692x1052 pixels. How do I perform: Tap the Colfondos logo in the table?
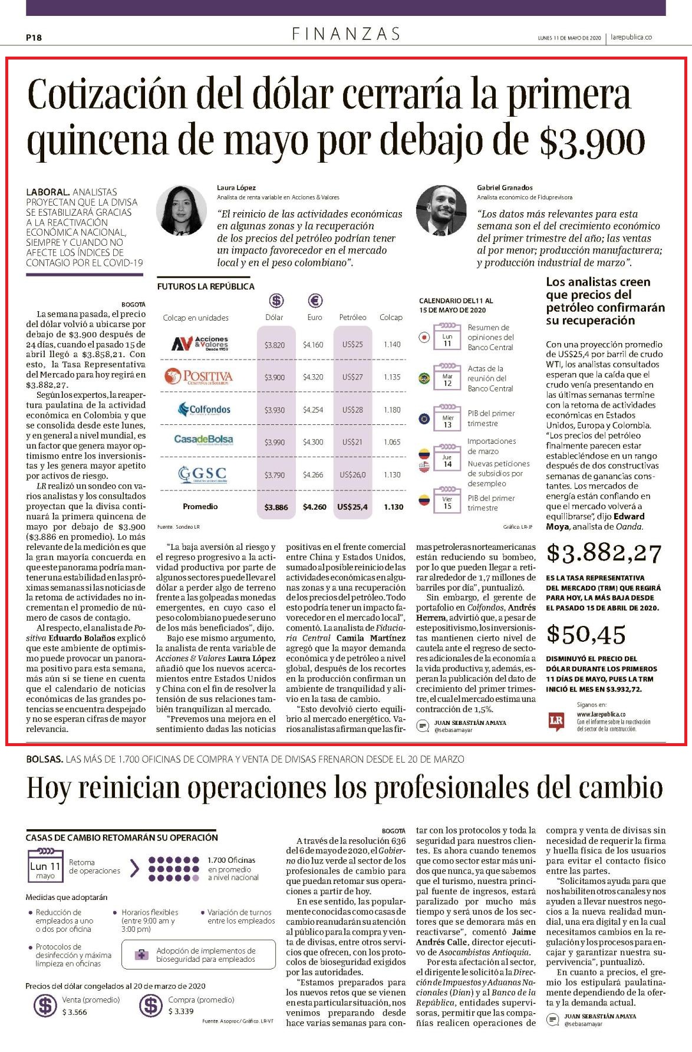202,409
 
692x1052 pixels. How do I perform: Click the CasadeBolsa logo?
203,440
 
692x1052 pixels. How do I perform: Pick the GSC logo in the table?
202,474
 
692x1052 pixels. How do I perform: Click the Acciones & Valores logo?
200,344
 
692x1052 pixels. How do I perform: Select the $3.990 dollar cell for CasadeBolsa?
275,442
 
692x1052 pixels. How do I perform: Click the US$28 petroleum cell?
352,410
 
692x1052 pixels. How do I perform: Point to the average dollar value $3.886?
276,507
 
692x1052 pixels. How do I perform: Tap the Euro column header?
315,317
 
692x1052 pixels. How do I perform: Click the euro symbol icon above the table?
315,301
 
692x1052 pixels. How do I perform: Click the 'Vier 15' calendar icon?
447,502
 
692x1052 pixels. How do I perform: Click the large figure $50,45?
586,634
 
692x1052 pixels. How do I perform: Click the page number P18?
34,38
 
